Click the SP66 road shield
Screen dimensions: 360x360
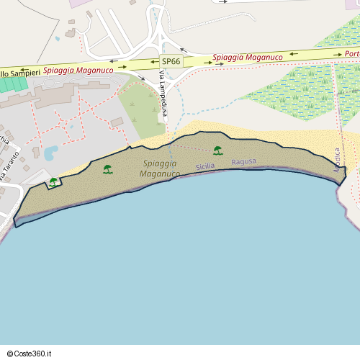click(x=171, y=62)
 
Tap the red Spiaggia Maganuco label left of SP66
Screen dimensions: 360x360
click(x=78, y=71)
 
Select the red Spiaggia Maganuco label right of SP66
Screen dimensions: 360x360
click(x=248, y=56)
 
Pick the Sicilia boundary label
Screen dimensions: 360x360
click(x=205, y=166)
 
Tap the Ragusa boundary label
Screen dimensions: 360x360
click(x=243, y=162)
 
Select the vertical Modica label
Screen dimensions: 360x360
click(x=336, y=160)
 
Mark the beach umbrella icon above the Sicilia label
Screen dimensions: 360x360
click(x=217, y=150)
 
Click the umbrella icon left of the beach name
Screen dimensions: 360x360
click(x=108, y=169)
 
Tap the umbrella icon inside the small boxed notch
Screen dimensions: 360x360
click(x=53, y=182)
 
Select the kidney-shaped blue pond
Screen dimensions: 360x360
click(x=50, y=153)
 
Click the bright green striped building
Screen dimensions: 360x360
click(x=12, y=84)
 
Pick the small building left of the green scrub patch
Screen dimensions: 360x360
click(x=117, y=122)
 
